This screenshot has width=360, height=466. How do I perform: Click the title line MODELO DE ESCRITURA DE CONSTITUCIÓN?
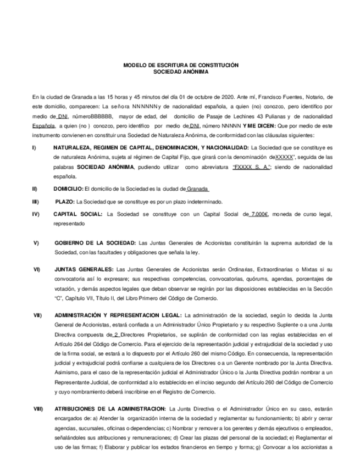click(180, 65)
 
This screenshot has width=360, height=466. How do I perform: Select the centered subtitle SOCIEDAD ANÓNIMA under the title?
click(180, 71)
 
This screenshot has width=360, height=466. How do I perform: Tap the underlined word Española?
click(43, 126)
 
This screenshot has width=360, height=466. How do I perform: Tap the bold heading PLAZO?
click(65, 202)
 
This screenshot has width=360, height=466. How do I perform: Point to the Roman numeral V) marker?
click(36, 242)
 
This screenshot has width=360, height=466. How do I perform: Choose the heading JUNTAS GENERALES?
click(82, 270)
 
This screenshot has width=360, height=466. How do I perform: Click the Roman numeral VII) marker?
click(37, 315)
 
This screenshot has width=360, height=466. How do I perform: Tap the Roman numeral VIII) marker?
click(38, 409)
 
